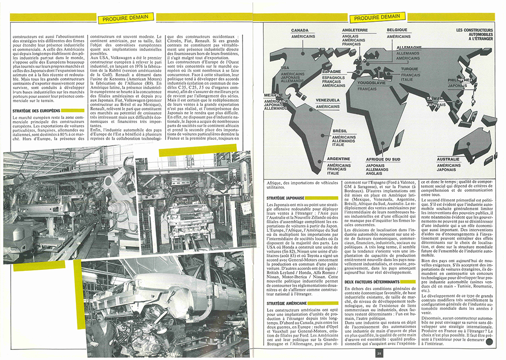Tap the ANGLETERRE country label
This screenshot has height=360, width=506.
click(355, 30)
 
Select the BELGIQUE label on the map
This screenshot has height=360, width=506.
click(397, 30)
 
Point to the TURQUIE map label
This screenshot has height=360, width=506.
click(410, 69)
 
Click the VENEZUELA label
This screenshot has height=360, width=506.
click(327, 100)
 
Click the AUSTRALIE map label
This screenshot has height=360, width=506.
click(448, 159)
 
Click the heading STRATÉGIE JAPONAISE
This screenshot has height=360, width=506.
click(285, 199)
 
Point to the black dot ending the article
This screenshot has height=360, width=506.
click(489, 343)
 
